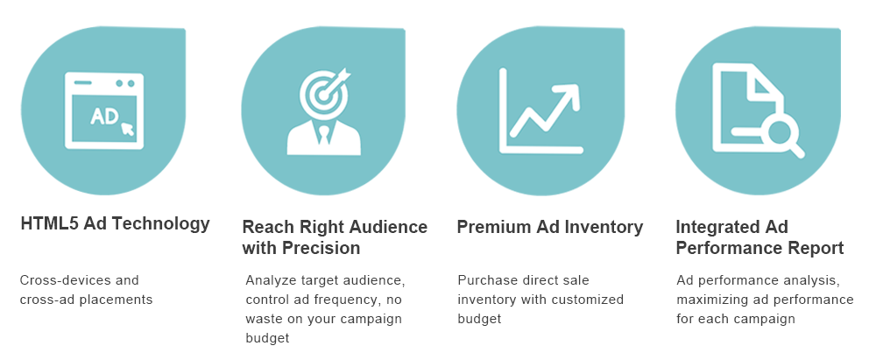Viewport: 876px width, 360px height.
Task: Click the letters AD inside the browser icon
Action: pos(104,116)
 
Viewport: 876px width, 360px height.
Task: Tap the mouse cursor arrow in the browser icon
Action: pos(128,129)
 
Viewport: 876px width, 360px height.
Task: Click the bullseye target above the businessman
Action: pos(325,94)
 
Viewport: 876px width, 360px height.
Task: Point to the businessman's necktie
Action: pos(324,135)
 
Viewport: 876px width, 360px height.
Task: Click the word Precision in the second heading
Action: pos(321,248)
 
